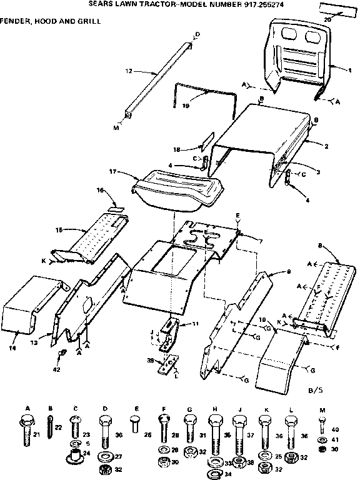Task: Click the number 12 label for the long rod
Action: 128,71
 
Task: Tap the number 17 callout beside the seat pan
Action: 113,171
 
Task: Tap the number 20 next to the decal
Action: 327,19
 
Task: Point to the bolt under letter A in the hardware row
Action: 27,431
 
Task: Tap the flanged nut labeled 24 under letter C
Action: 76,452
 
